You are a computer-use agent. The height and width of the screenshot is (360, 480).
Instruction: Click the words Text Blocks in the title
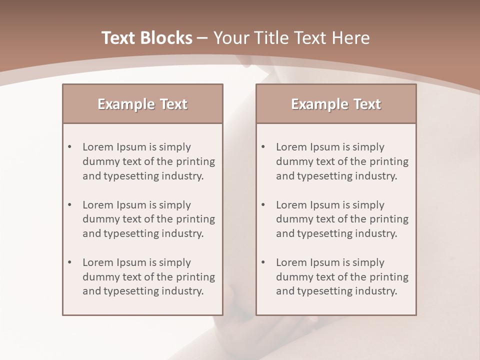click(146, 38)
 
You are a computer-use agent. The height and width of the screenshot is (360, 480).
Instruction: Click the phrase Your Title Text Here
click(291, 38)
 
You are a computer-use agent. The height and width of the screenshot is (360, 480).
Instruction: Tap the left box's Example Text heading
click(142, 104)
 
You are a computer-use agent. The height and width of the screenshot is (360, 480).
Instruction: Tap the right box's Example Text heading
click(336, 104)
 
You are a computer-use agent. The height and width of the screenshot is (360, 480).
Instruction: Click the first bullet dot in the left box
click(70, 147)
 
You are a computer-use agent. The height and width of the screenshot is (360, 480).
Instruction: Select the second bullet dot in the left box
click(70, 205)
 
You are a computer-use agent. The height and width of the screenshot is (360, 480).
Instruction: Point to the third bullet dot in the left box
click(70, 262)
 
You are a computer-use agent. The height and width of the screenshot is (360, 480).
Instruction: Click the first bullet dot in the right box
click(263, 147)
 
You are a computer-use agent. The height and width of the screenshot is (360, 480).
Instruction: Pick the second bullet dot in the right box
click(263, 205)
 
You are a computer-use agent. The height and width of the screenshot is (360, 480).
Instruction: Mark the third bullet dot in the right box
click(263, 262)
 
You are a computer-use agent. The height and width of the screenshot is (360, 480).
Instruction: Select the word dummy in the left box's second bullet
click(99, 219)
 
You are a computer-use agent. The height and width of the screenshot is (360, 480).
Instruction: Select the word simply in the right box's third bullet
click(368, 262)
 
